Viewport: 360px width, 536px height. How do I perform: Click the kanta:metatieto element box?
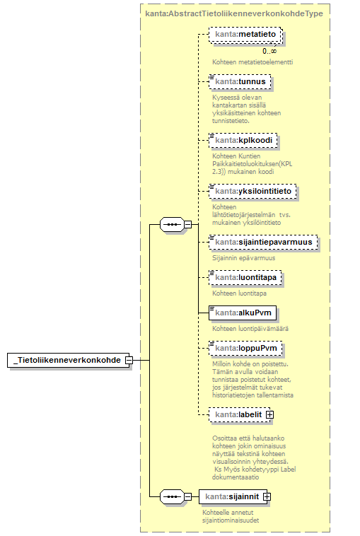pos(245,35)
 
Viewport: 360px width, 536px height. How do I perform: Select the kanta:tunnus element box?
pos(240,82)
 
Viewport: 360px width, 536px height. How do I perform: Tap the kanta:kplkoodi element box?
pos(243,141)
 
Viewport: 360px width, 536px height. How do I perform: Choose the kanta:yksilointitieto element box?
pos(252,191)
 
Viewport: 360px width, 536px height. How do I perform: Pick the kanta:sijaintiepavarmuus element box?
pos(263,242)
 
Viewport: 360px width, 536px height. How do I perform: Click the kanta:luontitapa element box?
pos(245,278)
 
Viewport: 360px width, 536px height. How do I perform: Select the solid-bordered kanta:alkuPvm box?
pos(243,313)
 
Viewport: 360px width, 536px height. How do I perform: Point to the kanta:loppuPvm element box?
pos(246,348)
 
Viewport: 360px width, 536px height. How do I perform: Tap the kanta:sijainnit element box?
pos(235,496)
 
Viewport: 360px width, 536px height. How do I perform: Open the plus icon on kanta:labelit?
pos(269,414)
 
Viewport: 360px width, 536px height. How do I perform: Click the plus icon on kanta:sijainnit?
pos(267,496)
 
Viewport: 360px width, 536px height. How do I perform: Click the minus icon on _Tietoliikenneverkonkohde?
pos(129,361)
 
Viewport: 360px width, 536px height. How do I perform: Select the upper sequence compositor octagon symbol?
pos(172,225)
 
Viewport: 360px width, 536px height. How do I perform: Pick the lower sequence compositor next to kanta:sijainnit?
pos(172,496)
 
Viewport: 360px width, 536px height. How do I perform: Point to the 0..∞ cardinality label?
pos(269,52)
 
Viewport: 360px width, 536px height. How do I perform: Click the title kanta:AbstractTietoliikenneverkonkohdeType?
pos(234,13)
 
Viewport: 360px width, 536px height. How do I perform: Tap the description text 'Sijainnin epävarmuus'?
pos(244,258)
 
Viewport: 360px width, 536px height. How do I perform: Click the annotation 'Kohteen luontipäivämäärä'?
pos(250,329)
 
